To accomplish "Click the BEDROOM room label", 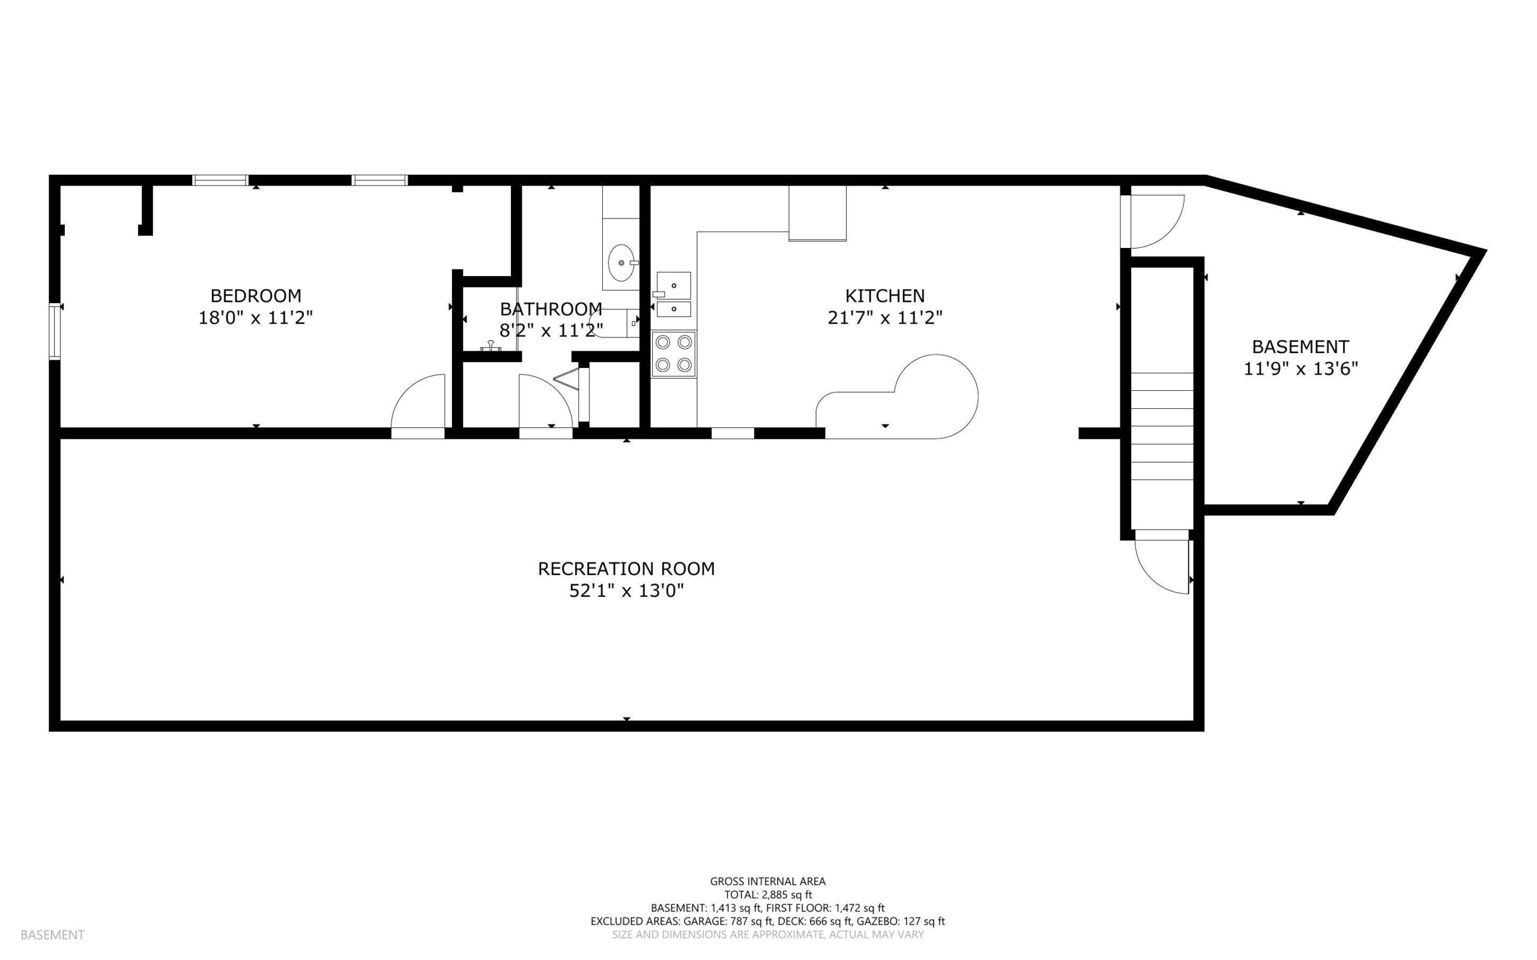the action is pyautogui.click(x=256, y=296).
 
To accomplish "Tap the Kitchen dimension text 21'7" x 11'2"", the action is pyautogui.click(x=885, y=318).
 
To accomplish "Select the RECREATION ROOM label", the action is pyautogui.click(x=626, y=569).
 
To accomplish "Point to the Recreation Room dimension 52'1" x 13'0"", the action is pyautogui.click(x=626, y=591).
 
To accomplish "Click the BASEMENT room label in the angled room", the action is pyautogui.click(x=1300, y=347).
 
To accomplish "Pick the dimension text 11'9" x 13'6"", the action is pyautogui.click(x=1300, y=369).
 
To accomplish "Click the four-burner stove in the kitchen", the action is pyautogui.click(x=674, y=354).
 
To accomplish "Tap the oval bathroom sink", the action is pyautogui.click(x=621, y=263).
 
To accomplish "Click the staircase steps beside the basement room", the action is pyautogui.click(x=1162, y=427).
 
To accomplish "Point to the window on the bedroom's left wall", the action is pyautogui.click(x=56, y=331).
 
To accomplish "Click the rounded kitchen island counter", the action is pyautogui.click(x=898, y=397).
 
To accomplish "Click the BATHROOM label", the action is pyautogui.click(x=551, y=309).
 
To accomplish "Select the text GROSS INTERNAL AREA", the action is pyautogui.click(x=767, y=881).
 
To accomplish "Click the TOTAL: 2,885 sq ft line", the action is pyautogui.click(x=767, y=895).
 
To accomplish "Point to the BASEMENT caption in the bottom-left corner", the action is pyautogui.click(x=53, y=935).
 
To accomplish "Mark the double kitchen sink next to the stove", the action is pyautogui.click(x=673, y=294).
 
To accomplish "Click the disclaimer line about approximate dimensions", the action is pyautogui.click(x=767, y=935).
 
